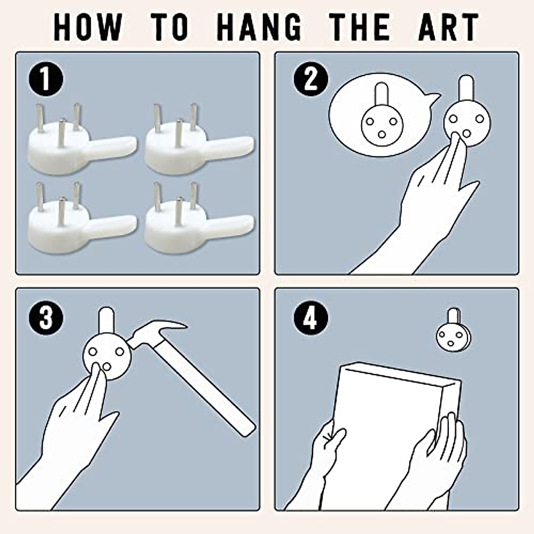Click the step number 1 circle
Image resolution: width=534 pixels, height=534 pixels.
click(x=46, y=79)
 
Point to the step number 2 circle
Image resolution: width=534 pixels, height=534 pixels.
click(x=311, y=79)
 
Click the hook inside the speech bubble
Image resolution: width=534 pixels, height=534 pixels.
click(x=382, y=119)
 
